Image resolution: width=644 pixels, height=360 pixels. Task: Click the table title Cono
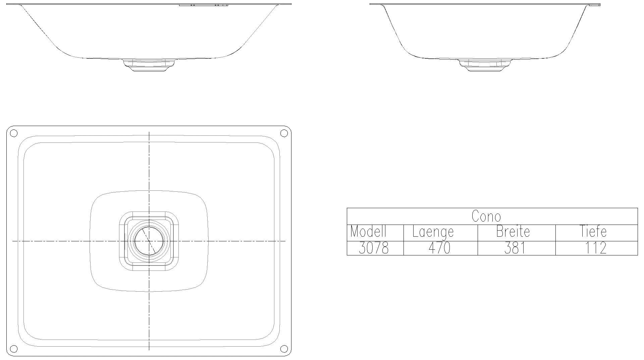click(x=486, y=217)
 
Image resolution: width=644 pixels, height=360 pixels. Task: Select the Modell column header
click(x=368, y=232)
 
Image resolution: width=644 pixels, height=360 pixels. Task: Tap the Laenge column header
click(x=433, y=232)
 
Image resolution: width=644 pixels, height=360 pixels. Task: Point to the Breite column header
click(x=513, y=232)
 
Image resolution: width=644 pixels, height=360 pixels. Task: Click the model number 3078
click(x=374, y=248)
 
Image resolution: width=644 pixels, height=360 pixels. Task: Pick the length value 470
click(x=439, y=248)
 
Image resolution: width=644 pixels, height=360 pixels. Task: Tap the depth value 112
click(x=596, y=248)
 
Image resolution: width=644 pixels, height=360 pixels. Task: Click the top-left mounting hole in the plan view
click(x=13, y=133)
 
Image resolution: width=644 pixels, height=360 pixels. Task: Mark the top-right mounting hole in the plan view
click(x=284, y=133)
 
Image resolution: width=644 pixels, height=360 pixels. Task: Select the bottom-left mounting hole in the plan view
click(x=13, y=349)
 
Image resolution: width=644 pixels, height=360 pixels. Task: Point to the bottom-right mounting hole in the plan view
click(x=284, y=349)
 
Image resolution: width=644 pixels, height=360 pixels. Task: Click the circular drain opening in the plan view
click(x=149, y=241)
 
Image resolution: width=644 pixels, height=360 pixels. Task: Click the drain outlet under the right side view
click(x=485, y=65)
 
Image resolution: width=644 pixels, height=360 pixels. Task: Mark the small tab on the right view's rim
click(x=595, y=5)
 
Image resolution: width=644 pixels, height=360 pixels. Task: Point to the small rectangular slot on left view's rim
click(x=204, y=5)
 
